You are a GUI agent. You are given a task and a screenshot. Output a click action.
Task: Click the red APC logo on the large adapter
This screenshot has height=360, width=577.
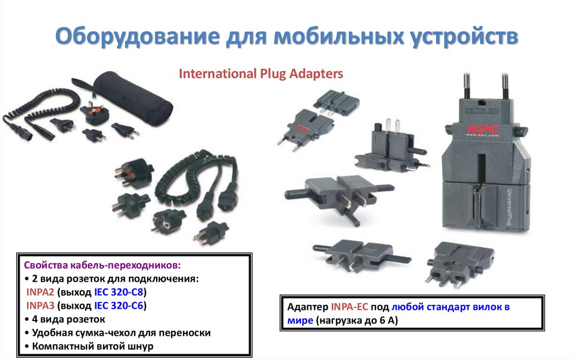coord(483,129)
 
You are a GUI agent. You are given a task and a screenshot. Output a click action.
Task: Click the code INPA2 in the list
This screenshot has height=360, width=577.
coord(41,292)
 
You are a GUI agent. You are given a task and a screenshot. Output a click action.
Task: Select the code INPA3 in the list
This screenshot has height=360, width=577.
coord(41,306)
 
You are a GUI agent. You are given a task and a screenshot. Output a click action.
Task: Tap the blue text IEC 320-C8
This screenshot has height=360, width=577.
coord(118,292)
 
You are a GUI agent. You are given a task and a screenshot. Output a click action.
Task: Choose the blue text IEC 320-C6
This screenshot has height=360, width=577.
coord(118,306)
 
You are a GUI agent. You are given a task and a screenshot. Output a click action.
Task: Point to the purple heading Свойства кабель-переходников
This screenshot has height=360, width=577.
coord(103,265)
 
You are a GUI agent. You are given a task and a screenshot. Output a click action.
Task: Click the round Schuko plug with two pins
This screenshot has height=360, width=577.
coord(168,219)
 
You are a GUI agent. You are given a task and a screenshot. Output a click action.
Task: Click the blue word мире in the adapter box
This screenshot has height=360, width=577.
coord(300,321)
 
